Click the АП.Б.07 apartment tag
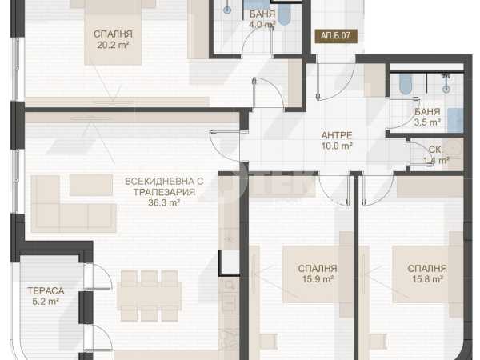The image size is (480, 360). coord(336,36)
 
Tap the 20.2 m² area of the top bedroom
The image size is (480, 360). coord(113,46)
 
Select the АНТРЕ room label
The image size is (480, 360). coord(337,135)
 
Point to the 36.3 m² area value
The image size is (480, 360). coord(164,202)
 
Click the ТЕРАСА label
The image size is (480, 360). coord(46,291)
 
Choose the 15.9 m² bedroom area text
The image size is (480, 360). coord(318,279)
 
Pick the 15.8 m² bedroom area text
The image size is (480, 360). coord(427,279)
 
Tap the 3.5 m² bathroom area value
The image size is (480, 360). coord(427,122)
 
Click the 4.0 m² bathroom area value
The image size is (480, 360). coord(262,25)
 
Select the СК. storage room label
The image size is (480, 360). coord(436,150)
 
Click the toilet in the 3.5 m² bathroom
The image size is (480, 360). coord(405,83)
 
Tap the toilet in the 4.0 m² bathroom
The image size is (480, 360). coord(284,14)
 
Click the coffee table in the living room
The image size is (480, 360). coord(91,185)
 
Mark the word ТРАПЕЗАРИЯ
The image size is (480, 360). coord(164,192)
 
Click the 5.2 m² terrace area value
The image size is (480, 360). coord(46,302)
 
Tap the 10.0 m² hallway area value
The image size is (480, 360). coord(337,146)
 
